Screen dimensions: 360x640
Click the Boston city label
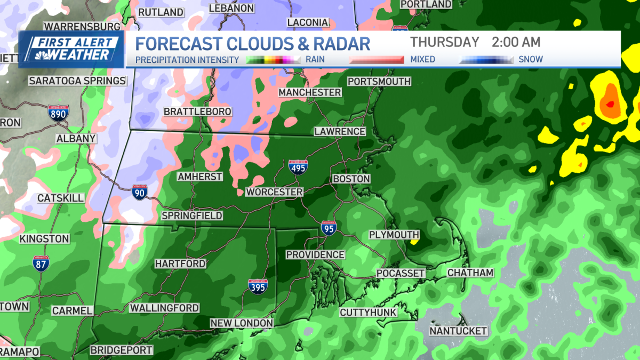click(x=351, y=179)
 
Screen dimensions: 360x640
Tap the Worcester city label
click(x=274, y=192)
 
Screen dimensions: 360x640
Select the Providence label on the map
click(x=315, y=255)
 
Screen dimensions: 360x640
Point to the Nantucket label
click(x=459, y=331)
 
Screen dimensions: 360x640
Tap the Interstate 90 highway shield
click(x=139, y=192)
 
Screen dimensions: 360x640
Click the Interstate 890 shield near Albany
click(x=58, y=113)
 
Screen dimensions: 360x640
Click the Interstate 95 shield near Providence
click(x=329, y=228)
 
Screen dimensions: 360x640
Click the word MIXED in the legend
click(x=422, y=60)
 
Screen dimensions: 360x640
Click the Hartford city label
click(x=180, y=264)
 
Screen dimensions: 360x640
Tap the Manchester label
click(x=310, y=92)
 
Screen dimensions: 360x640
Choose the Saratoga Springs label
click(x=77, y=81)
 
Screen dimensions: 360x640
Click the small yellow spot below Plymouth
click(x=414, y=241)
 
